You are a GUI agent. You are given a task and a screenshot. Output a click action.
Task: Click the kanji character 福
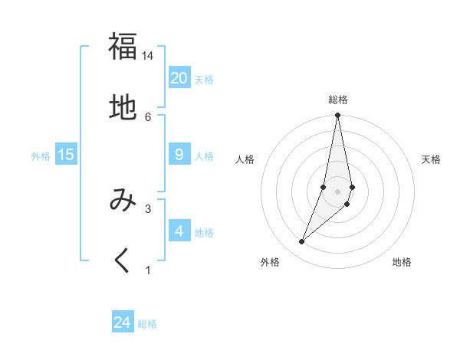[x=123, y=47]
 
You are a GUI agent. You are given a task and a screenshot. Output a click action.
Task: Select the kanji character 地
[x=123, y=108]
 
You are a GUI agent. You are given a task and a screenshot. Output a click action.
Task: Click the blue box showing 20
[x=179, y=78]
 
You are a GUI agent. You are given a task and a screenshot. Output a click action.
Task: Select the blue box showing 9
[x=179, y=155]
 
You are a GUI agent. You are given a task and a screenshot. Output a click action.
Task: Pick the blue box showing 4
[x=179, y=231]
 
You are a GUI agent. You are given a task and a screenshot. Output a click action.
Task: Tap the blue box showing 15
[x=66, y=155]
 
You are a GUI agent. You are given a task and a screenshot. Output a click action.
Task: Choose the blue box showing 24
[x=123, y=322]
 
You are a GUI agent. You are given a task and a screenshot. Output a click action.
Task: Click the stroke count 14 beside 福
[x=148, y=56]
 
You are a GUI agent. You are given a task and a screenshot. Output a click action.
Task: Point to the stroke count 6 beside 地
[x=148, y=117]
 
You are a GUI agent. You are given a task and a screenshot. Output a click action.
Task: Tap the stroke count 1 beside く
[x=148, y=270]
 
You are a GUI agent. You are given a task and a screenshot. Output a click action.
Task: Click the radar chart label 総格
[x=337, y=100]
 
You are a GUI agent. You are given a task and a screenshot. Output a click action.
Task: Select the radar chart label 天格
[x=431, y=159]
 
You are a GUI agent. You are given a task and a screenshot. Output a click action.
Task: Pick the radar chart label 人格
[x=245, y=159]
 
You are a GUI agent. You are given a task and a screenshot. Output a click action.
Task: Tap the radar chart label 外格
[x=270, y=262]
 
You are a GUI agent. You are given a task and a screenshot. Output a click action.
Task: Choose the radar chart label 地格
[x=402, y=262]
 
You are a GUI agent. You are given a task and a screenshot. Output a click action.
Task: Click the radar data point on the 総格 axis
[x=337, y=116]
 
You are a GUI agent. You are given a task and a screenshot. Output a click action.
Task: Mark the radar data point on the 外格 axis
[x=302, y=242]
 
